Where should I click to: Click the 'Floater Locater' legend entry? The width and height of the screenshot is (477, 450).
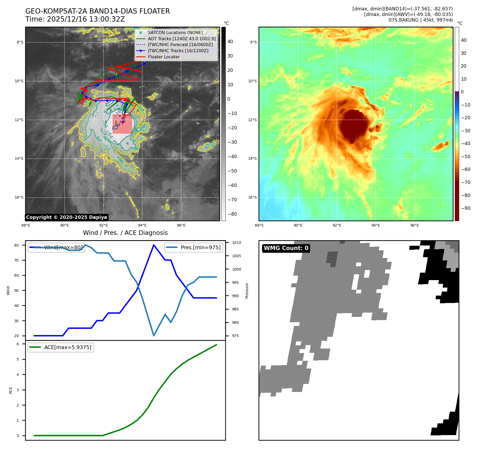pos(164,57)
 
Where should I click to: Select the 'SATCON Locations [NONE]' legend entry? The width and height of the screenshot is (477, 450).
pos(175,32)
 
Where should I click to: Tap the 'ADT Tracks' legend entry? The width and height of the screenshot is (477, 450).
pos(182,39)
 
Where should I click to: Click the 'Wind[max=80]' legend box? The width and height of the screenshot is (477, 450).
pos(56,247)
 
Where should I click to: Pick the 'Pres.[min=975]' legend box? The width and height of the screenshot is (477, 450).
pos(194,247)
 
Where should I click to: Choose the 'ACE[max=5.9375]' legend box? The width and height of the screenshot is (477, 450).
pos(61,347)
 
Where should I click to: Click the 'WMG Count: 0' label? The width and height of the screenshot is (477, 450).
pos(286,248)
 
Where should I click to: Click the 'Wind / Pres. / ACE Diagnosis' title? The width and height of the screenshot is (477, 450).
pos(125,233)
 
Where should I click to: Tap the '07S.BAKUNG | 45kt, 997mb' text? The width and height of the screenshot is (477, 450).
pos(420,20)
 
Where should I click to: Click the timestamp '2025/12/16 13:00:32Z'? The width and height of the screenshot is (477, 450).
pos(86,19)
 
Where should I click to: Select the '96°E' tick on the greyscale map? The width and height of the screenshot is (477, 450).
pos(181,225)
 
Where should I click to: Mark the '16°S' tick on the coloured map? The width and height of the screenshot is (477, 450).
pos(252,197)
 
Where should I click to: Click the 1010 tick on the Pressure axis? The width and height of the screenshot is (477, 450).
pos(236,243)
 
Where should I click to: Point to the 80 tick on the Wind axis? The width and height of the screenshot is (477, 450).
pos(17,245)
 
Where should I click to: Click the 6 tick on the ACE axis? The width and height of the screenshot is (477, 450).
pos(18,344)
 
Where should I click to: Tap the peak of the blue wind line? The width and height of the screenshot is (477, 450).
pos(154,245)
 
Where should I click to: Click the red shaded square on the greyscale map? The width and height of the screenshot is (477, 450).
pos(122,124)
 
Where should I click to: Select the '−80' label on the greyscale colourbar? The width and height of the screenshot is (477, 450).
pos(232,214)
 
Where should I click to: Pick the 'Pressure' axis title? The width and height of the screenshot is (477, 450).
pos(247,291)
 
